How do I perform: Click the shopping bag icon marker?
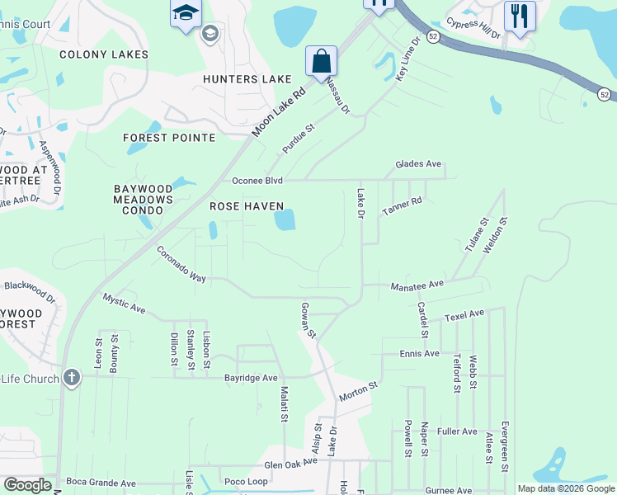click(x=321, y=61)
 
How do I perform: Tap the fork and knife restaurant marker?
click(x=520, y=16)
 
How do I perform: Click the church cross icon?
click(x=72, y=379)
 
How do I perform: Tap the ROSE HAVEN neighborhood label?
click(x=247, y=206)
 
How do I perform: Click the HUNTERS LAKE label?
click(x=247, y=79)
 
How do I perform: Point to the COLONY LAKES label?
click(x=104, y=54)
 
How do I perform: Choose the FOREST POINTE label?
click(x=169, y=138)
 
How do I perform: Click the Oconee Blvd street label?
click(x=257, y=181)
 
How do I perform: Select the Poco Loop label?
click(x=246, y=481)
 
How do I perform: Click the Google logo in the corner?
click(x=28, y=486)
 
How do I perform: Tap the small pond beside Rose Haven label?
click(x=285, y=219)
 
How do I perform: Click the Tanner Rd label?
click(x=402, y=206)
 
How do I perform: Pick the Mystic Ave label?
click(x=124, y=304)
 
